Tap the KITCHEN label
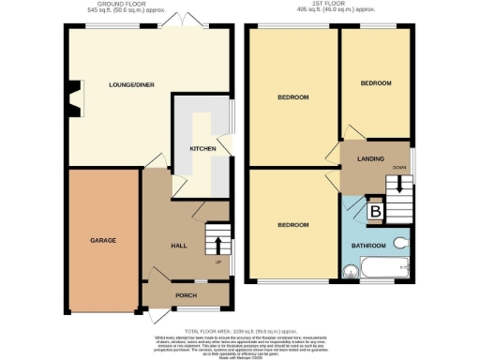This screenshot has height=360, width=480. click(x=203, y=148)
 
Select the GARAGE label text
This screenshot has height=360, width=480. click(x=103, y=241)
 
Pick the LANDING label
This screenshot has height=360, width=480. click(x=370, y=159)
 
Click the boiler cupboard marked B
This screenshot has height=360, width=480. click(x=375, y=213)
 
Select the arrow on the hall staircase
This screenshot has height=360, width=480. click(x=218, y=246)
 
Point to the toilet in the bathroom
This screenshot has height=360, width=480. click(x=401, y=242)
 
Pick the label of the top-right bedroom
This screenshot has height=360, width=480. click(x=376, y=83)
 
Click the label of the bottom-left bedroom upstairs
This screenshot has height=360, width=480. click(x=292, y=225)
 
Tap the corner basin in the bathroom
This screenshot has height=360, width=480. click(x=351, y=273)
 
